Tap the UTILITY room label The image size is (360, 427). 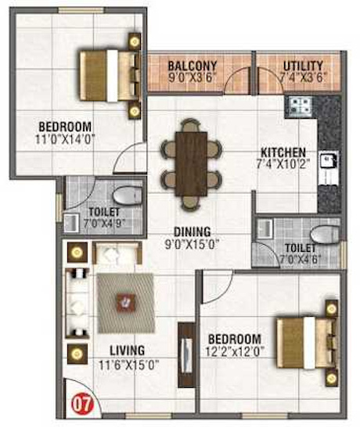coord(297,64)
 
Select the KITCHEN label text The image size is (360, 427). coord(283,152)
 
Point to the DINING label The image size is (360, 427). coord(192,231)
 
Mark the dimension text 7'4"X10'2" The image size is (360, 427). coord(283,165)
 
